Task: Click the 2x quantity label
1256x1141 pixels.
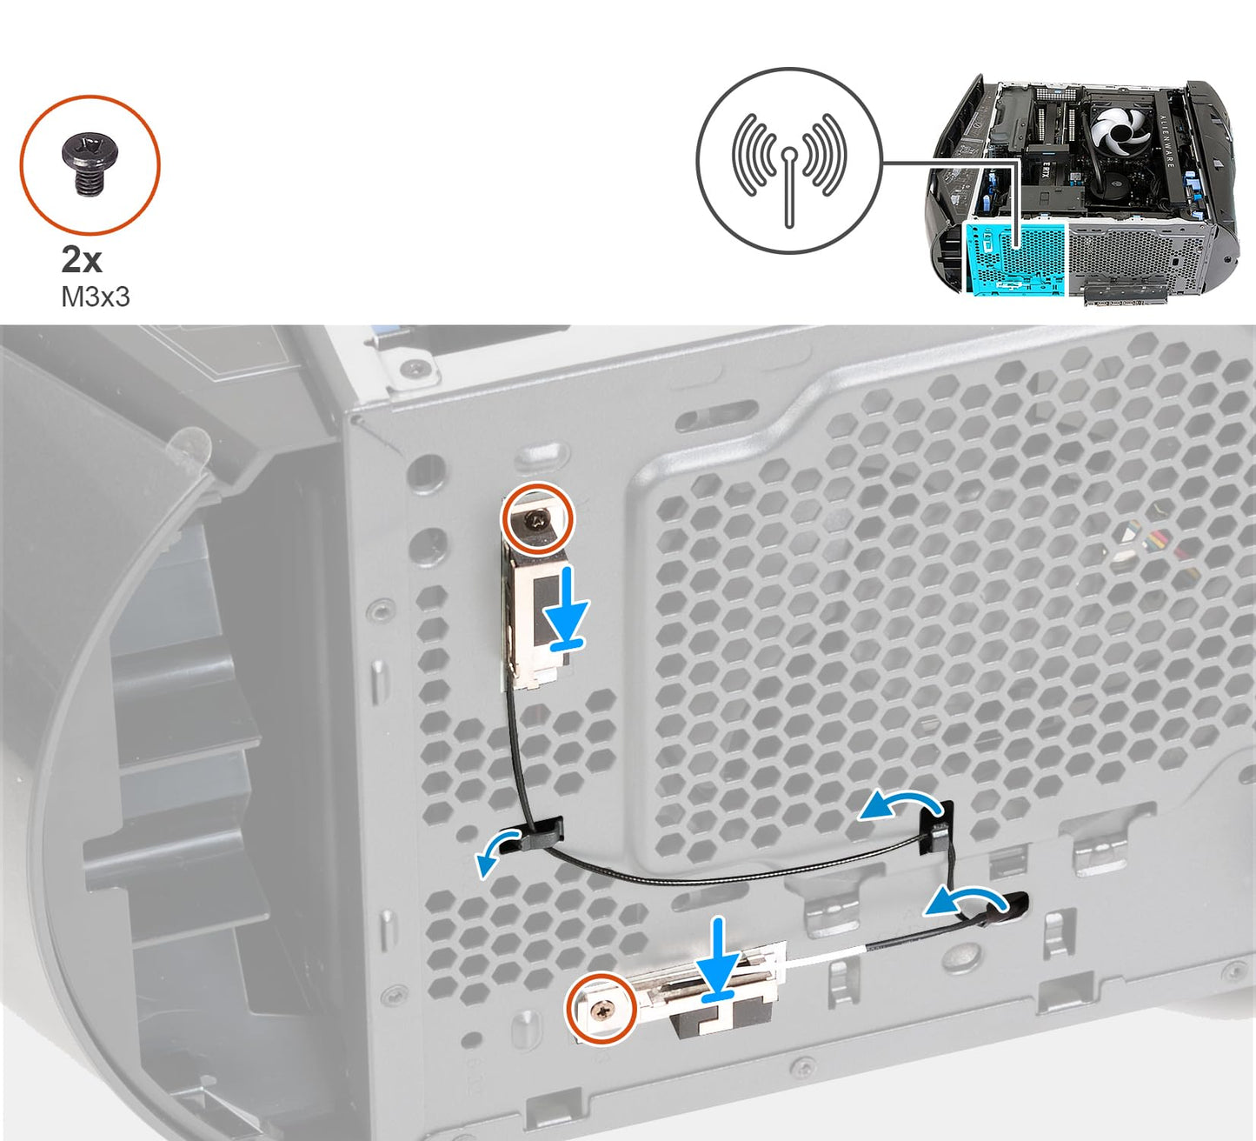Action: coord(82,259)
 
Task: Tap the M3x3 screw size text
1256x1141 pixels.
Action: coord(95,297)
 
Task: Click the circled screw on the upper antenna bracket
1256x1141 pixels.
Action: coord(536,518)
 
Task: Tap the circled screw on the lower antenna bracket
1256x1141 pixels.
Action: coord(601,1008)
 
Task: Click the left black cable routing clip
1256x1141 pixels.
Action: coord(540,834)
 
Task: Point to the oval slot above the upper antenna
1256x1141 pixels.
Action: coord(542,456)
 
